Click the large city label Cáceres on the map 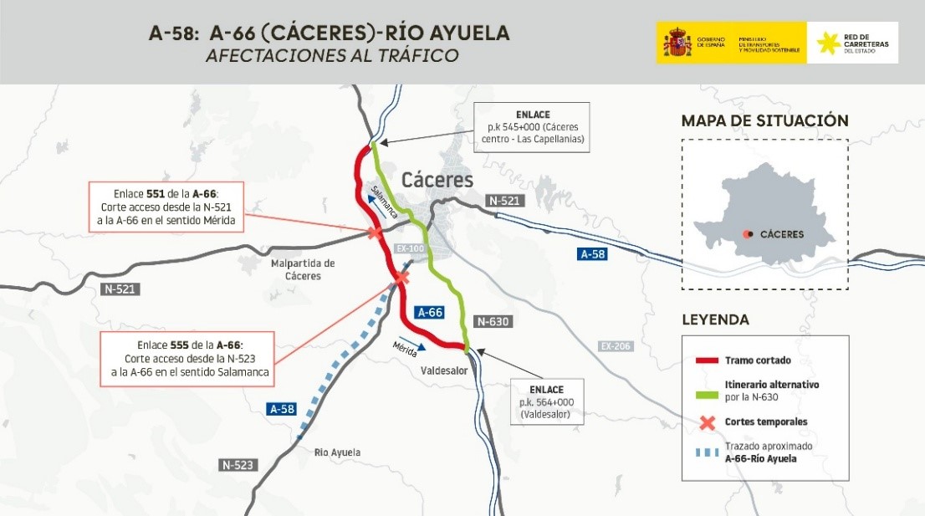click(x=437, y=180)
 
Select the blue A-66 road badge click(x=429, y=312)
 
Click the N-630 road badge click(x=492, y=321)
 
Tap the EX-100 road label click(x=411, y=249)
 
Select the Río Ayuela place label click(x=338, y=452)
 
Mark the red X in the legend click(x=707, y=422)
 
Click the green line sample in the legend click(x=707, y=390)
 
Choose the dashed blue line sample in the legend click(x=707, y=452)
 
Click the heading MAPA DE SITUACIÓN click(x=764, y=120)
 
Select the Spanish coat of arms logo click(x=677, y=43)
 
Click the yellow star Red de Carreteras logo click(x=828, y=43)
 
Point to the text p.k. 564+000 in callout click(x=545, y=402)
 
